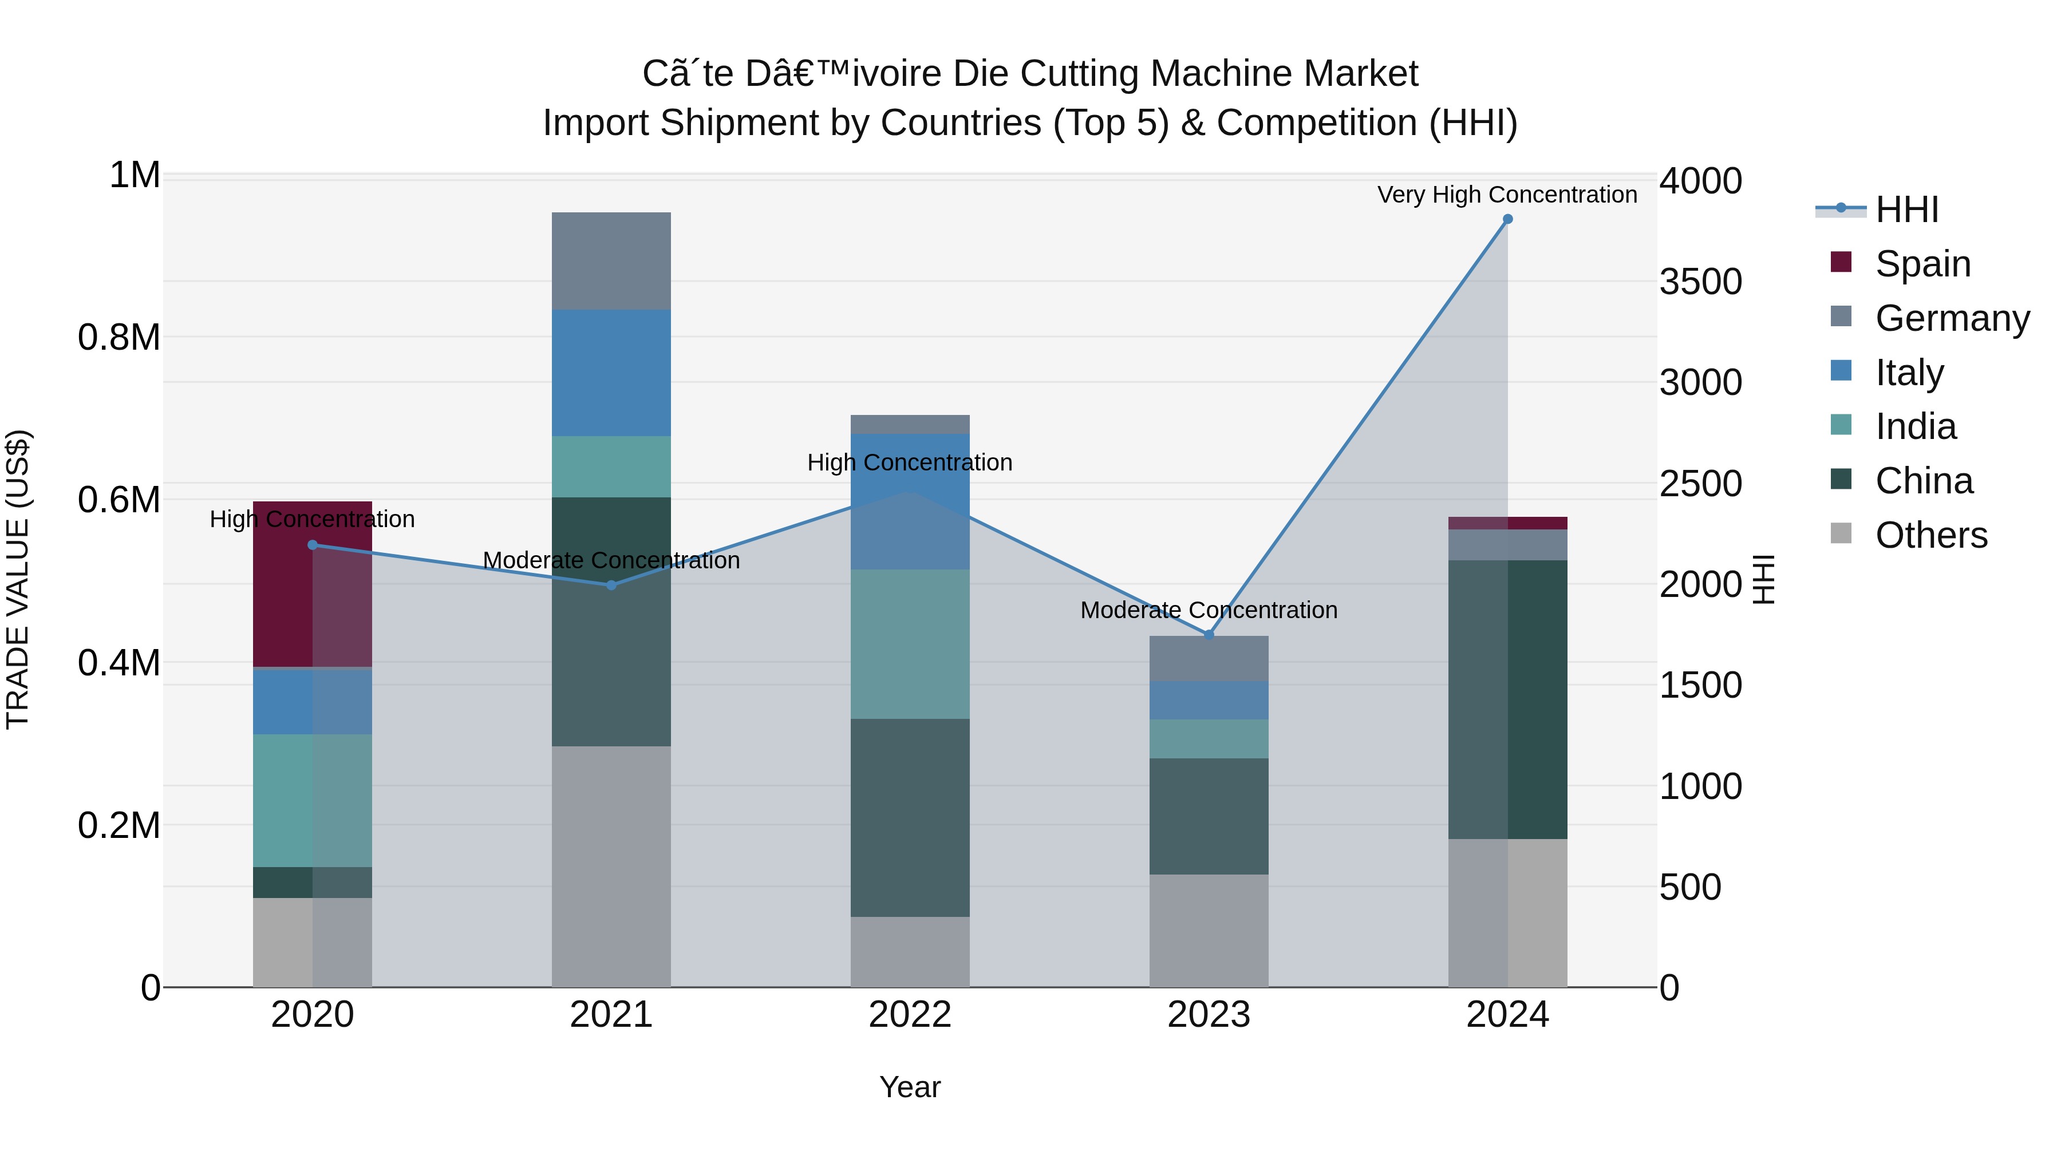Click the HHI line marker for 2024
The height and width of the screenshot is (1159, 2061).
(1507, 219)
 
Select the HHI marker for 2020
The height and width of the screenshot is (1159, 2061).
(313, 545)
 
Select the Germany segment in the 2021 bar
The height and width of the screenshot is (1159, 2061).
(611, 261)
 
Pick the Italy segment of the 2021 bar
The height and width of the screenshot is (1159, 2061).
(611, 373)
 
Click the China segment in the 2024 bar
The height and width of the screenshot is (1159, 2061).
(1507, 700)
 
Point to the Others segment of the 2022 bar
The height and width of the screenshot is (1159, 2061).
(910, 952)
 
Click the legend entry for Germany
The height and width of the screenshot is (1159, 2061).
(1952, 318)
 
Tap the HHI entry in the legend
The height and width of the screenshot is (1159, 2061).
(1906, 209)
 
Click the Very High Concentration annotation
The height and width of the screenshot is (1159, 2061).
(1507, 195)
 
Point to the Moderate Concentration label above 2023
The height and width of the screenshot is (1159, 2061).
(1208, 610)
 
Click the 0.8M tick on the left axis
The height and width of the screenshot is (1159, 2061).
(119, 338)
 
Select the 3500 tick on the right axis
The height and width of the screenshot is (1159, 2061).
(1700, 282)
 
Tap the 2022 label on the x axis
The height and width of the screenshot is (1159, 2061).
(910, 1015)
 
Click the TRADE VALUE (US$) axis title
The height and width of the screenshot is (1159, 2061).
(18, 579)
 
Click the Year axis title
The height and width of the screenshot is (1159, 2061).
(910, 1087)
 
